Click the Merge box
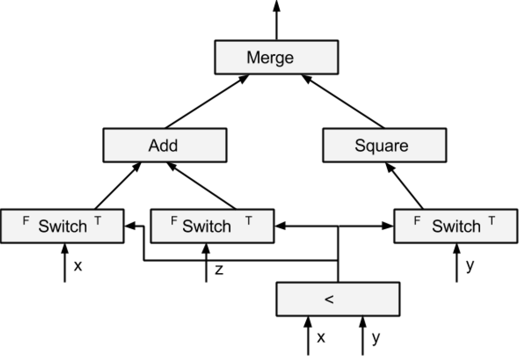[x=277, y=57]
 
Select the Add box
[x=165, y=145]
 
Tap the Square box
[x=385, y=145]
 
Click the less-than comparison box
[x=338, y=299]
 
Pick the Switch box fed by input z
[x=212, y=226]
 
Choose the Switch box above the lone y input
[x=456, y=226]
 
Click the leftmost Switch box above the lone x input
[x=62, y=226]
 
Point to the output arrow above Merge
[x=277, y=20]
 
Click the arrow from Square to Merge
[x=343, y=101]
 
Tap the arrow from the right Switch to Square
[x=404, y=186]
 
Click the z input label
[x=219, y=270]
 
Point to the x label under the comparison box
[x=321, y=338]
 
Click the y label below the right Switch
[x=470, y=266]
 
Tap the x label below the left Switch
[x=78, y=266]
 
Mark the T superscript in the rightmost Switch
[x=492, y=220]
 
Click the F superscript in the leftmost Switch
[x=25, y=220]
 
